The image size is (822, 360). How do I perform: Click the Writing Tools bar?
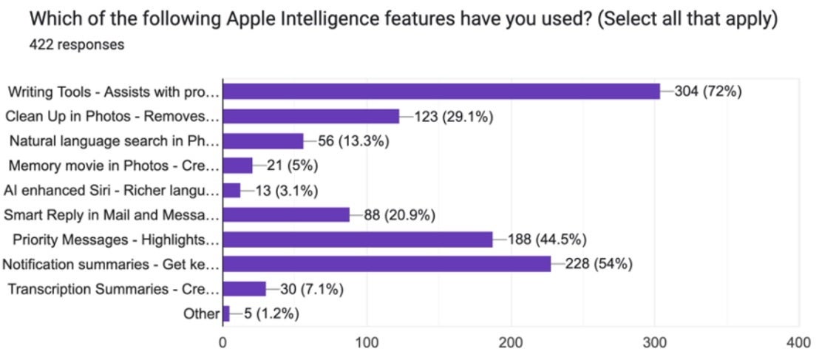click(441, 91)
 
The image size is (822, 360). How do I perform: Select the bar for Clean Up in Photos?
click(310, 116)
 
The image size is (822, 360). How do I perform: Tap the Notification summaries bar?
click(387, 264)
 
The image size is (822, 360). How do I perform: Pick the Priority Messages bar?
click(358, 240)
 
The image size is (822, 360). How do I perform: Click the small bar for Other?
click(226, 313)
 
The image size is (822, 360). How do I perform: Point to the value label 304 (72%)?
click(707, 92)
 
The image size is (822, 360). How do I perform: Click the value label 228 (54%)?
click(598, 265)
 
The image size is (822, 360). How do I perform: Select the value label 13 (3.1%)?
click(287, 191)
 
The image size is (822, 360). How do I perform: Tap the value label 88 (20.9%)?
click(399, 215)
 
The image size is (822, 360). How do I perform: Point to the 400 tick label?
click(798, 343)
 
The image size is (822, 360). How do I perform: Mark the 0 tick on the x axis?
click(223, 343)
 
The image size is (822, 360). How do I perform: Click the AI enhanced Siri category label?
click(111, 191)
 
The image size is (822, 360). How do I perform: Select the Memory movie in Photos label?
click(114, 166)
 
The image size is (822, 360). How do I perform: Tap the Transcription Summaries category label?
click(113, 289)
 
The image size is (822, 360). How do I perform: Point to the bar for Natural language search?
click(263, 140)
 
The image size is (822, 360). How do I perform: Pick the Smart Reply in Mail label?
click(111, 215)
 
